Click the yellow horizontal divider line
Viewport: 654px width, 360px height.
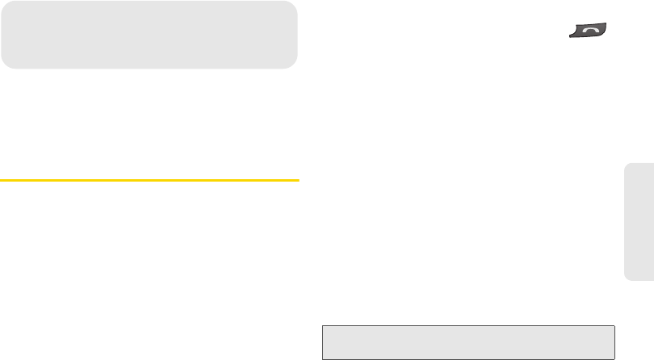(x=149, y=179)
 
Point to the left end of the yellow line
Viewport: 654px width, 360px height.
(x=1, y=179)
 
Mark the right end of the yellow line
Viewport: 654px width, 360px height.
(x=298, y=179)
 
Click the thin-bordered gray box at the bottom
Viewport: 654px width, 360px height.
(x=468, y=342)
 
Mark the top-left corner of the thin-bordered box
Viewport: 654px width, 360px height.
(x=322, y=326)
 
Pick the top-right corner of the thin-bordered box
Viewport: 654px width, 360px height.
(x=615, y=326)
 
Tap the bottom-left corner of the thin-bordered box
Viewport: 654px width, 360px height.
(x=322, y=358)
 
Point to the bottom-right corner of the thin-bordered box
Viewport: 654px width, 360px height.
(x=615, y=358)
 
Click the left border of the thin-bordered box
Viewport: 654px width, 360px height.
(x=322, y=342)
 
